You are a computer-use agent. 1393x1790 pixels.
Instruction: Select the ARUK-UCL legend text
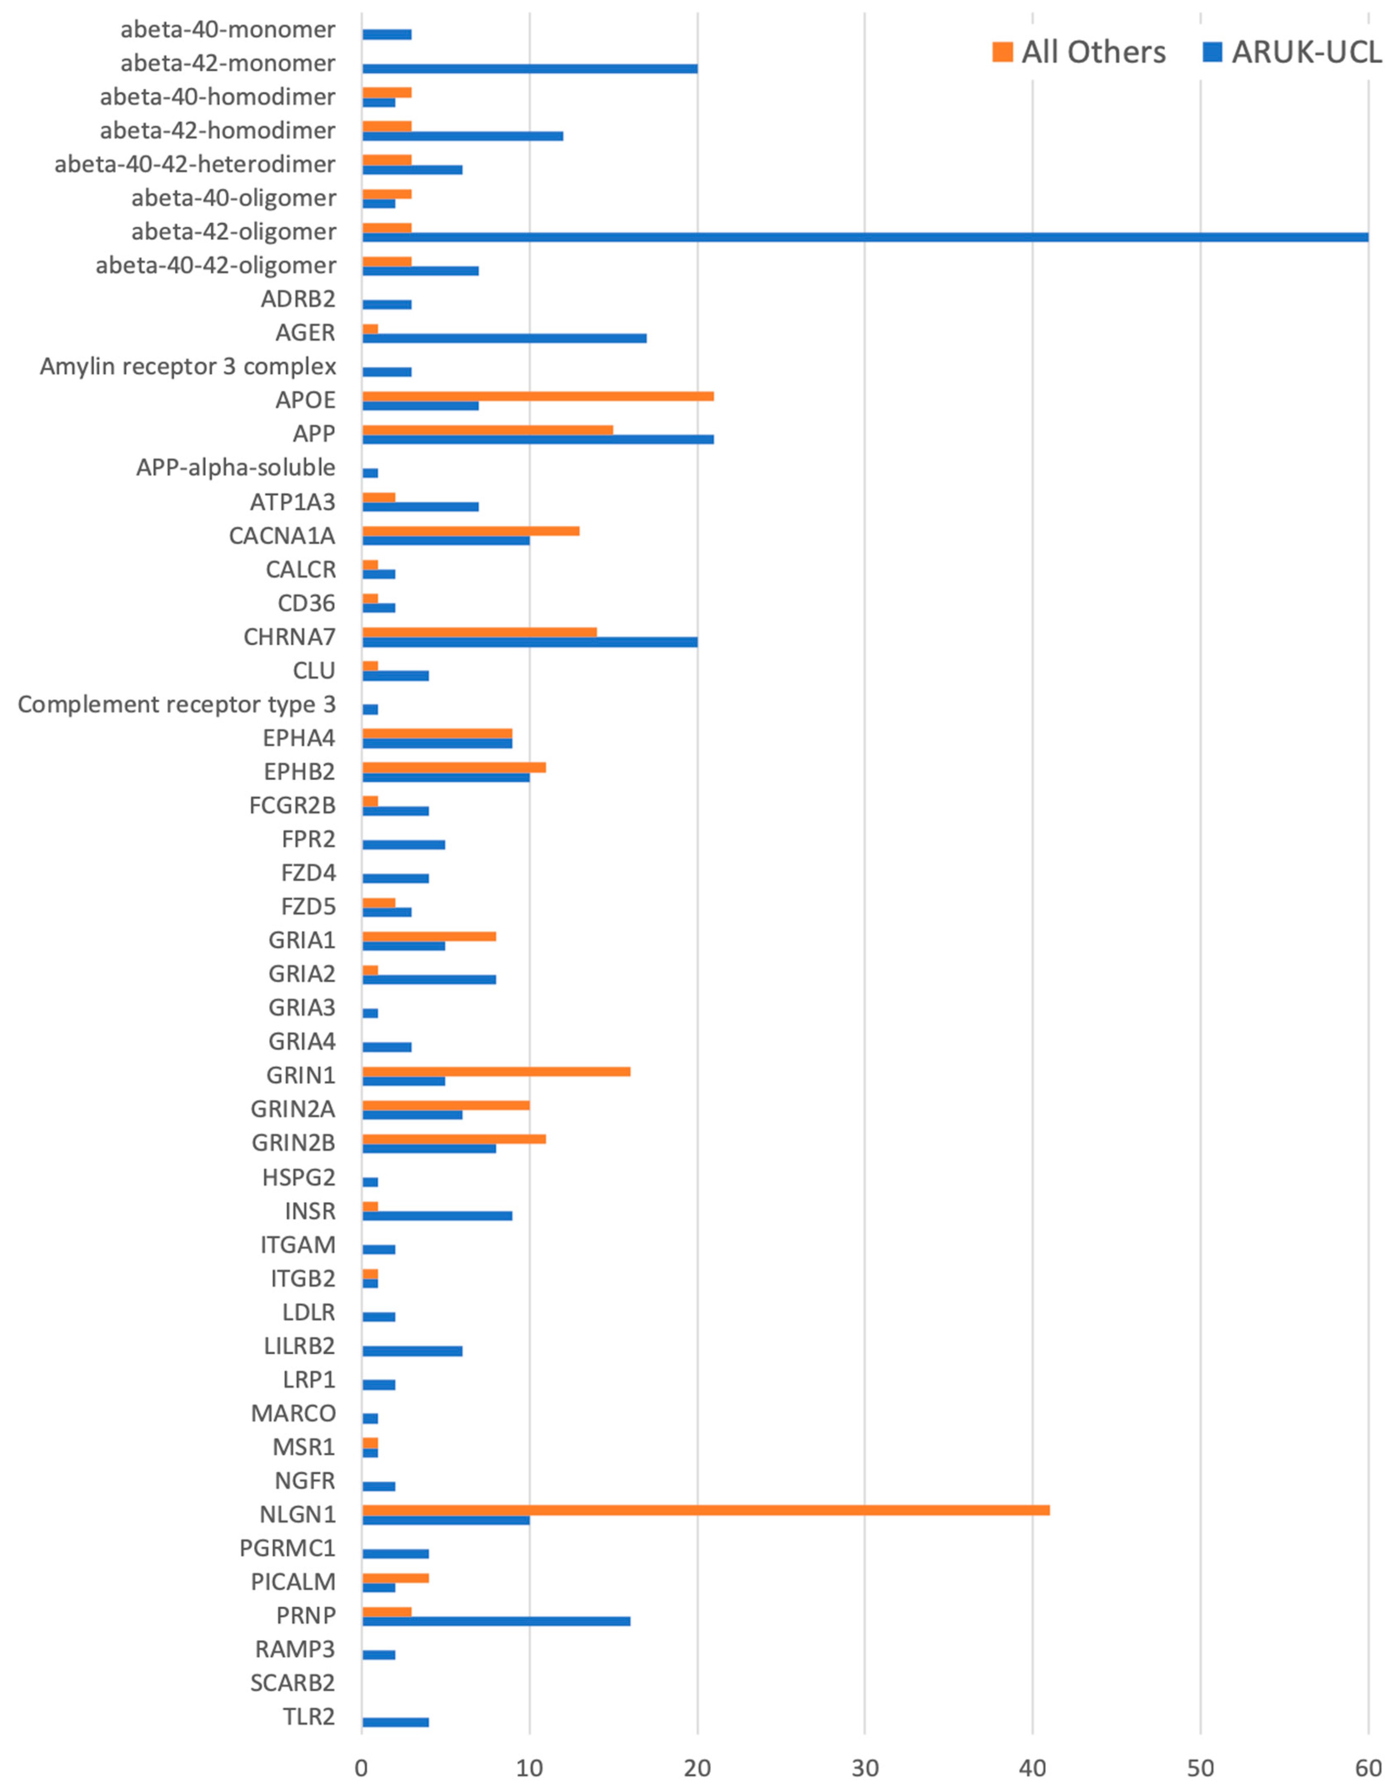1307,52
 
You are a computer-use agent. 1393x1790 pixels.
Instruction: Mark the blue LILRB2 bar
412,1351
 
